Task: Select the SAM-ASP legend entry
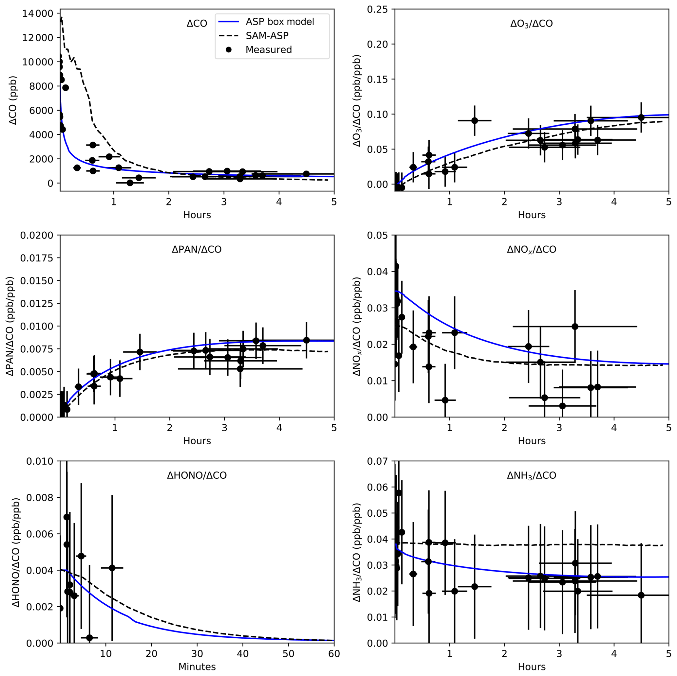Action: pos(267,36)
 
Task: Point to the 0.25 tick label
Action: pos(377,9)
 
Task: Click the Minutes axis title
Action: pos(197,667)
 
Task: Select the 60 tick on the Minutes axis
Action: pos(334,654)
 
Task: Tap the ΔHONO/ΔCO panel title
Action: pos(197,475)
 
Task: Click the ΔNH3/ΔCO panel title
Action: pos(532,475)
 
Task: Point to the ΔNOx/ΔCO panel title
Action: pos(532,249)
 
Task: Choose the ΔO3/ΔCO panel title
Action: pos(532,24)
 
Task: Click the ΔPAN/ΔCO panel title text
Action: pos(197,249)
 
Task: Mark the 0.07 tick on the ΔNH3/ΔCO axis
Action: pos(377,461)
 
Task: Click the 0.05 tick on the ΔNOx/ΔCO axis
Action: pos(377,235)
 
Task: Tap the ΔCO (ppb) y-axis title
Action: pos(13,100)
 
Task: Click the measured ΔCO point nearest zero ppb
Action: pos(130,183)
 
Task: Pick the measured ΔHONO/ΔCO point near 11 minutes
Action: pos(112,568)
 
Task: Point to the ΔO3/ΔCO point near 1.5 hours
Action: pos(475,120)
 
